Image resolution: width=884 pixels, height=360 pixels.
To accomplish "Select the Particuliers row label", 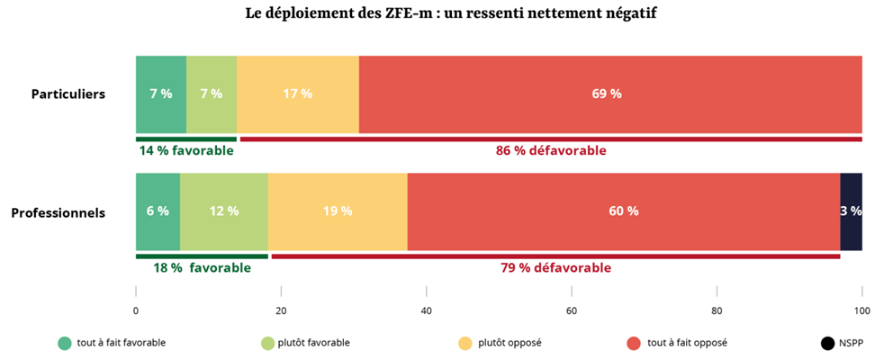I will click(68, 94).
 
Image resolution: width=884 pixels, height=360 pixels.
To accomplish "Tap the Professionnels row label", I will click(59, 212).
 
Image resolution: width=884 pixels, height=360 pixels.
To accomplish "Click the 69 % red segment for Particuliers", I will click(609, 94).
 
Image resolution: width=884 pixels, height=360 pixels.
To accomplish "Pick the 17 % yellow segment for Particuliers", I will click(297, 94).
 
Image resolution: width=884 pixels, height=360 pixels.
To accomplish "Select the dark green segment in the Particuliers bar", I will click(160, 94).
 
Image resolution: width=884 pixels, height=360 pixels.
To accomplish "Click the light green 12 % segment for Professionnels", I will click(223, 211).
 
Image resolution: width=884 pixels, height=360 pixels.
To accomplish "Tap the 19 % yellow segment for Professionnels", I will click(337, 211).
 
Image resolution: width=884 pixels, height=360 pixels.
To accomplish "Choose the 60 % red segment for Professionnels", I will click(623, 211).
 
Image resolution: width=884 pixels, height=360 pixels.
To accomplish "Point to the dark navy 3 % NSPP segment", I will click(851, 211).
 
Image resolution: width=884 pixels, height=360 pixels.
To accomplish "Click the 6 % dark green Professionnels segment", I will click(158, 211).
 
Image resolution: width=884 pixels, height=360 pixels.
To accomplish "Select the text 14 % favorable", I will click(185, 150).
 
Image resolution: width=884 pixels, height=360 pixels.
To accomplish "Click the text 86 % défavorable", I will click(551, 150).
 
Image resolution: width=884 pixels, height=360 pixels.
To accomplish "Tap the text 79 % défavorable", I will click(555, 268).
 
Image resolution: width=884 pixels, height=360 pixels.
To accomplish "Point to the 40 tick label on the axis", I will click(427, 311).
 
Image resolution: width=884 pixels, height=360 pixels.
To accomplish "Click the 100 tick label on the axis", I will click(861, 311).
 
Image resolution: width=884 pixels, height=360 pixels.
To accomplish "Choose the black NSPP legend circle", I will click(827, 343).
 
